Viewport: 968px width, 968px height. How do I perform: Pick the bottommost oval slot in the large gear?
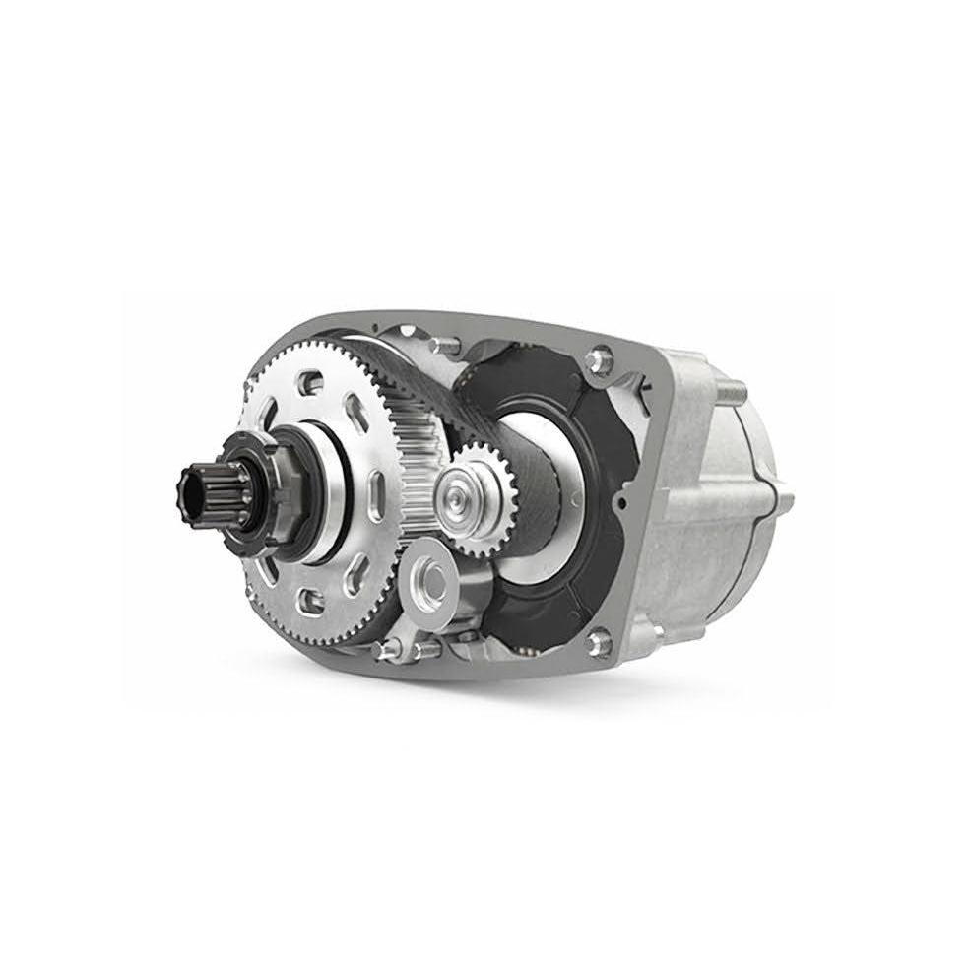314,598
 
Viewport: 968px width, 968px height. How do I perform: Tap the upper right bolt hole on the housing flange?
596,361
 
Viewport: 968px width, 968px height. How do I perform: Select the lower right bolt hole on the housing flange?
598,643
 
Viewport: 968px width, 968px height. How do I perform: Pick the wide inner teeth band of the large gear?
414,453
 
